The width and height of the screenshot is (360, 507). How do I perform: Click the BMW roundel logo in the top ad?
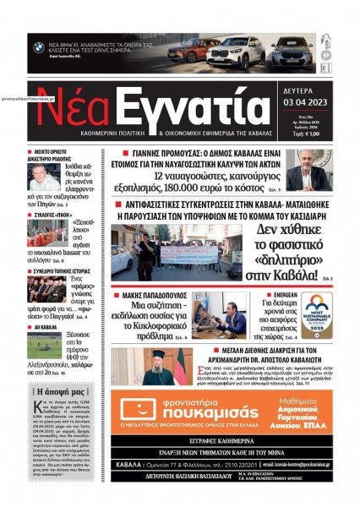pos(39,47)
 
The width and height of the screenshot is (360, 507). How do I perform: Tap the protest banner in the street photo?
pos(186,251)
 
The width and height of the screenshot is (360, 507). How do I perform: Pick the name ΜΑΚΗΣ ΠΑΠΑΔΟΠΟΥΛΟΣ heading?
pos(158,291)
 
